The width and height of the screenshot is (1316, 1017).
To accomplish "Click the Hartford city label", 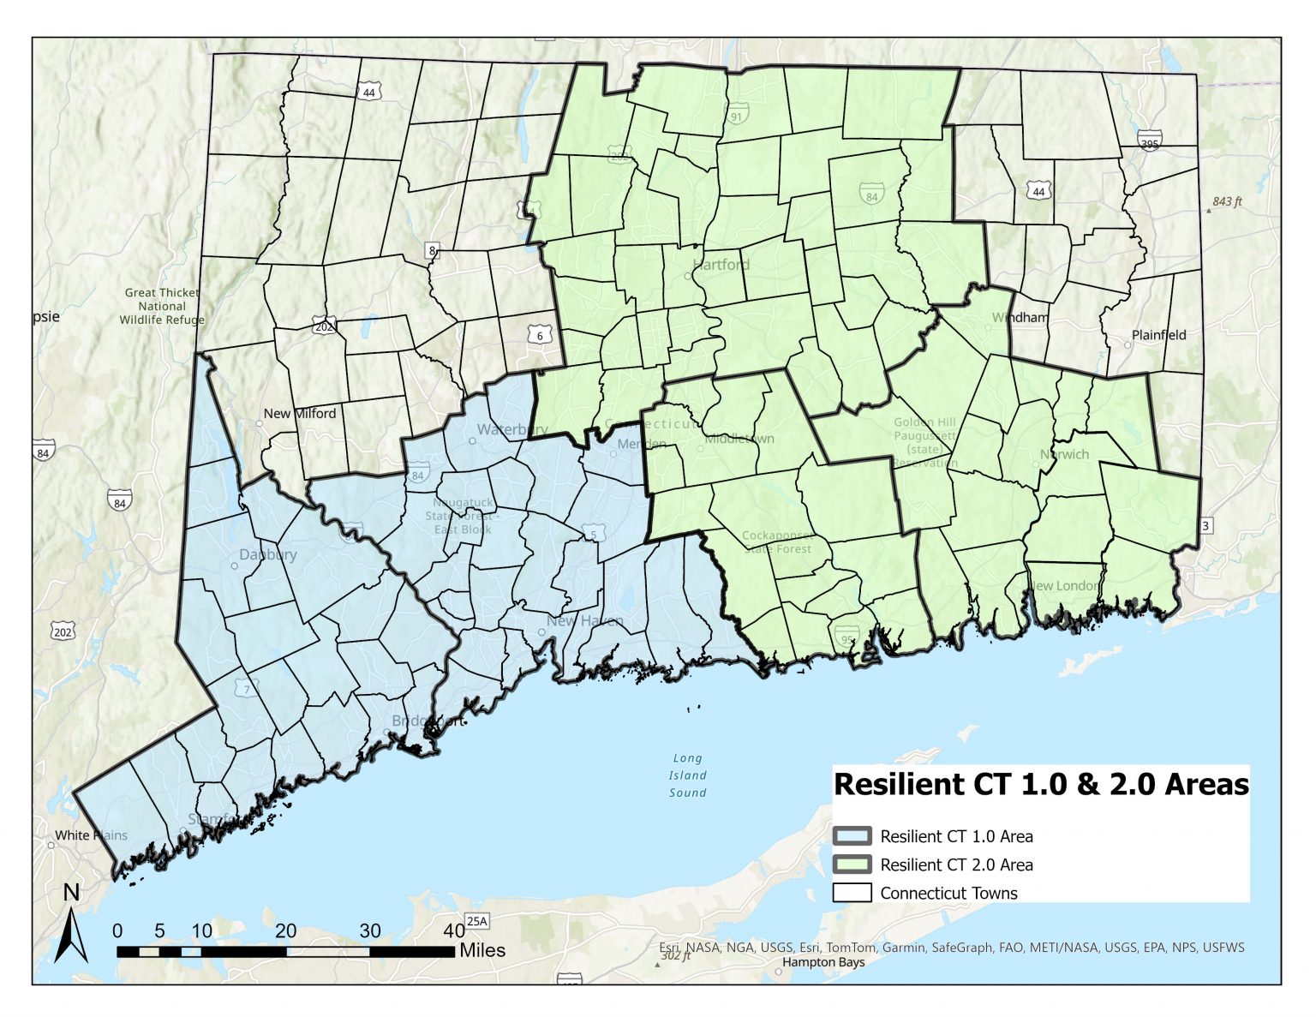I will (721, 265).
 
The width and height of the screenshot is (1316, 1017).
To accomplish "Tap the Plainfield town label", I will (1158, 335).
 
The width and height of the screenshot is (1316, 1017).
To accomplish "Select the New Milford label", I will (299, 414).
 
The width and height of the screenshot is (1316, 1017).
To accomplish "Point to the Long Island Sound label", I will (687, 775).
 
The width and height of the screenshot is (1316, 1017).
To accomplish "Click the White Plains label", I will (91, 835).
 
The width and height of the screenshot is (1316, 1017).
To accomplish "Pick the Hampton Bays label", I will (822, 962).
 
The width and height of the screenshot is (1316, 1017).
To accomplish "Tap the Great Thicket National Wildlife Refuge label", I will (162, 306).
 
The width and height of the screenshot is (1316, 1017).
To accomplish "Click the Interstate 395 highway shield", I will (1149, 141).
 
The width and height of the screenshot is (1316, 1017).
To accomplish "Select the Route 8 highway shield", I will (433, 251).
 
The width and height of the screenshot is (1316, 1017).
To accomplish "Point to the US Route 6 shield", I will (540, 334).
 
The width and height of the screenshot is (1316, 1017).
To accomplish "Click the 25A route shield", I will (476, 922).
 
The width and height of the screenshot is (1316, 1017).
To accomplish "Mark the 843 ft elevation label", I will (1227, 202).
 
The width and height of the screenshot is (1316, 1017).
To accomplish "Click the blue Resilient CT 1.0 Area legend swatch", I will (852, 836).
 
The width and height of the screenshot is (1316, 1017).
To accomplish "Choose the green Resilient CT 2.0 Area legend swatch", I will (852, 864).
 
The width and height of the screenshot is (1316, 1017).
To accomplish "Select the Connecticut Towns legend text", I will (948, 893).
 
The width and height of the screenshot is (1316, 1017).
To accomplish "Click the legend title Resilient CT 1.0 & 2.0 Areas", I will (1041, 785).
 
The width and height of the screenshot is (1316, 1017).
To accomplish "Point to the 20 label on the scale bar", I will (286, 931).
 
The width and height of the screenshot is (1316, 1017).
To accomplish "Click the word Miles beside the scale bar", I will (482, 950).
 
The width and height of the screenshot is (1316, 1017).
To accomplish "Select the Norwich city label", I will (1064, 455).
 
